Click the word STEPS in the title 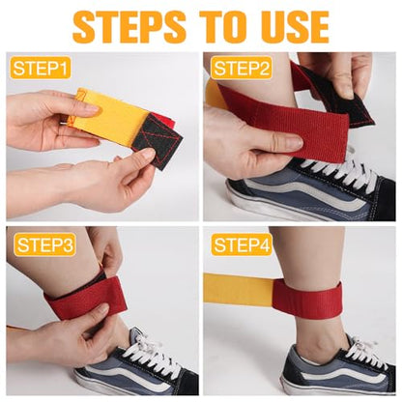pos(129,26)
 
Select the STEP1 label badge pos(41,68)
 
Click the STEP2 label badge pos(241,69)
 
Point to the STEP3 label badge pos(44,244)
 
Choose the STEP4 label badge pos(241,244)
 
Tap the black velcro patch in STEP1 pos(158,138)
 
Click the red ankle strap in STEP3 pos(85,297)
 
